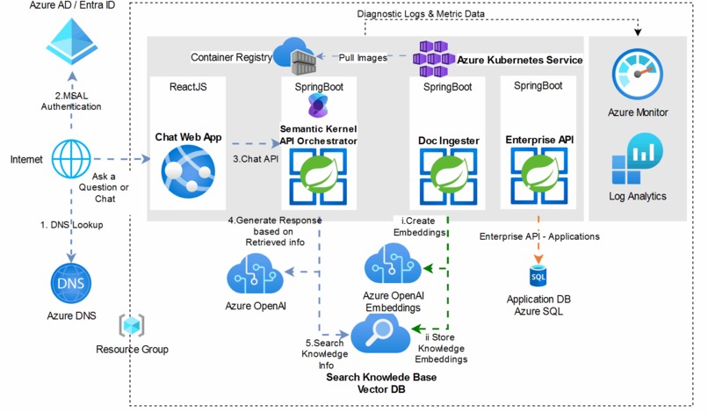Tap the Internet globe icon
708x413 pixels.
70,159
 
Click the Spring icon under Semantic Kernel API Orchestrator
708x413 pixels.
317,174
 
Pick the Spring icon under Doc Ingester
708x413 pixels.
447,174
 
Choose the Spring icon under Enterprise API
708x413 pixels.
538,174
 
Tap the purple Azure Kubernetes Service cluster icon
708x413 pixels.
432,59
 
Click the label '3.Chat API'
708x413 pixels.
256,159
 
